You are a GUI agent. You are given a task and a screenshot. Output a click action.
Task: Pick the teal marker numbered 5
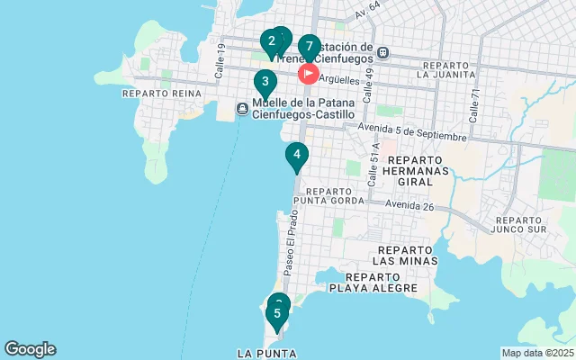(x=277, y=314)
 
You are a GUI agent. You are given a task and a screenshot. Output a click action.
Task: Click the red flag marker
(x=309, y=72)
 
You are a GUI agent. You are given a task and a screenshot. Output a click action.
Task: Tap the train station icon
(x=383, y=52)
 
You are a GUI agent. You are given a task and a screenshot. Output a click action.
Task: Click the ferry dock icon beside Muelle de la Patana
(x=242, y=109)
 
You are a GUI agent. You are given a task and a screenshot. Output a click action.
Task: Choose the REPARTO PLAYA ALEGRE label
(x=373, y=282)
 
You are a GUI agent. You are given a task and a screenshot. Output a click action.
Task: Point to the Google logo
(x=30, y=349)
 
